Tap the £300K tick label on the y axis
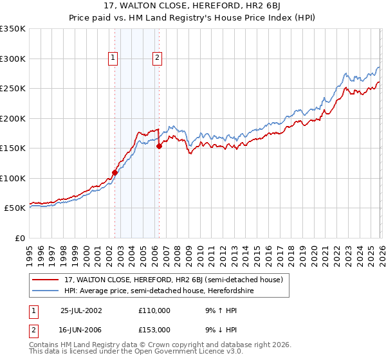click(x=13, y=59)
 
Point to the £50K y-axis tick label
click(x=15, y=208)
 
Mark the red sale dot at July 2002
click(x=115, y=172)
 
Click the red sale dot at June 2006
click(x=159, y=147)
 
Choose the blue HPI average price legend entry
click(x=159, y=291)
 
